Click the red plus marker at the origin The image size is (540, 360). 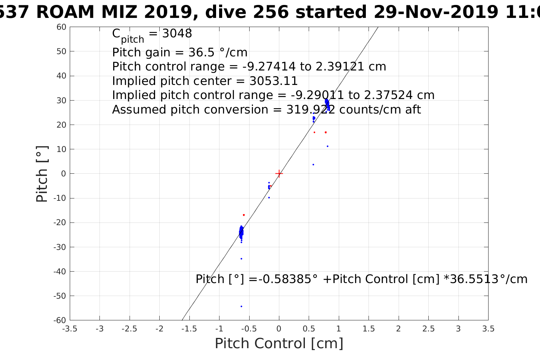point(279,174)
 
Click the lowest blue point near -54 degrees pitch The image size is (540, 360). point(241,306)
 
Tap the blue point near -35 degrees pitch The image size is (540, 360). point(241,259)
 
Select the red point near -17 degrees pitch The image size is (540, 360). point(244,215)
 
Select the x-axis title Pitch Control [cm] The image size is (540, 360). point(279,344)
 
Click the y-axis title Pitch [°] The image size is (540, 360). point(42,174)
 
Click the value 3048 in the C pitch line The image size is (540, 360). point(177,34)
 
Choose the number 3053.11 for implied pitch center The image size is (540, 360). point(274,81)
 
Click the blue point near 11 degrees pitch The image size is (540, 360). point(327,146)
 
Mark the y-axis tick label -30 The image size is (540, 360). point(61,247)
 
